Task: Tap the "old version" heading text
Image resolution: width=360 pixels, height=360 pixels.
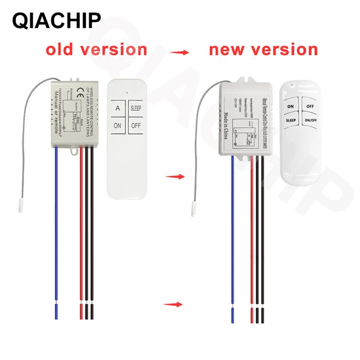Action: point(96,49)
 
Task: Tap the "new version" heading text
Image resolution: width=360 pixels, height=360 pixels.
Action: point(263,49)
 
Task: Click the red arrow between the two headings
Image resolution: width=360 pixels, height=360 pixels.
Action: point(179,52)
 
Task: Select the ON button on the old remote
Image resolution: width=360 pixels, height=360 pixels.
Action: point(118,126)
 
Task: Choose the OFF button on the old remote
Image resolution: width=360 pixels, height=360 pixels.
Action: point(136,126)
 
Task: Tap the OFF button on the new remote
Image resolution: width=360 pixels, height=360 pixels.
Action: point(310,105)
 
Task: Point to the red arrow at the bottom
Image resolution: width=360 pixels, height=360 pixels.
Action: point(174,305)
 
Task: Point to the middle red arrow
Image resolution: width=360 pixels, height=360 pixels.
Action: point(174,177)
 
